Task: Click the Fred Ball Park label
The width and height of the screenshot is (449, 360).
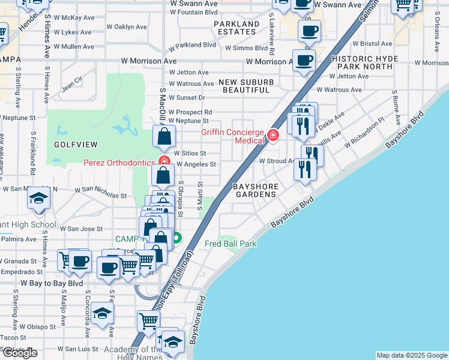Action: [x=231, y=244]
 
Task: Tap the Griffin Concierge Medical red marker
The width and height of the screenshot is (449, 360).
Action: [x=273, y=136]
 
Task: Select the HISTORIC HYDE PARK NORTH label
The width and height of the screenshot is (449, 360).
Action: [x=362, y=62]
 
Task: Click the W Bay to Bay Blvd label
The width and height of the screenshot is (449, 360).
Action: [x=52, y=283]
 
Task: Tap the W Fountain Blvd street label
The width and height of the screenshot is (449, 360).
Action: [x=193, y=11]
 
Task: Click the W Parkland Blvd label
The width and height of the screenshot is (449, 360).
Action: [x=192, y=45]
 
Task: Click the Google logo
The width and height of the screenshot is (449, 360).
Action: [x=19, y=353]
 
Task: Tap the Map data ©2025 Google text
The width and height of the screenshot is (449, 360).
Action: [x=411, y=355]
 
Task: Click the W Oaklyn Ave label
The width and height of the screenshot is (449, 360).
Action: [x=127, y=27]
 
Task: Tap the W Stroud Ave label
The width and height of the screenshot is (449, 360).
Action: [x=277, y=161]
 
